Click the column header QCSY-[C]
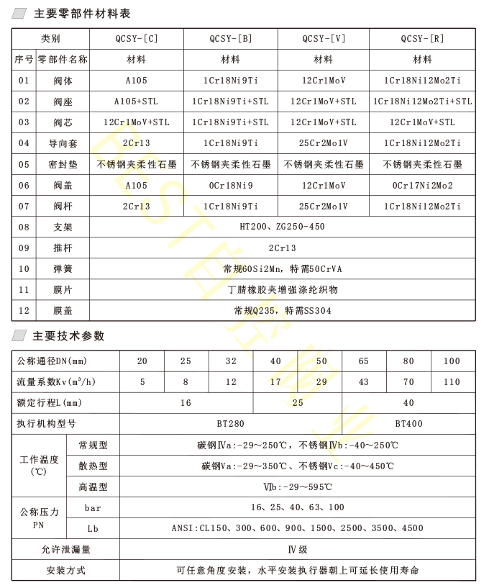pos(136,38)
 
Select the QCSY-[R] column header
pos(422,38)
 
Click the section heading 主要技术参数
pos(69,336)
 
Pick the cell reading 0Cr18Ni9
pos(230,185)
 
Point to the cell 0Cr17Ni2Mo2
pos(422,185)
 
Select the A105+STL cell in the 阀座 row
pos(136,101)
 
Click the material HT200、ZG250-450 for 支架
pos(282,227)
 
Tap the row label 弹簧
pos(63,269)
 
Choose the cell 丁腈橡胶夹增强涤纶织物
pos(282,290)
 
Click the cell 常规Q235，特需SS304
pos(282,311)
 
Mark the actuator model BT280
pos(230,424)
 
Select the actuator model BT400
pos(408,424)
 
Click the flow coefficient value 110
pos(452,382)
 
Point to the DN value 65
pos(363,361)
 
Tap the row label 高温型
pos(93,487)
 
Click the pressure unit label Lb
pos(93,528)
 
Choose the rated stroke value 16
pos(186,403)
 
